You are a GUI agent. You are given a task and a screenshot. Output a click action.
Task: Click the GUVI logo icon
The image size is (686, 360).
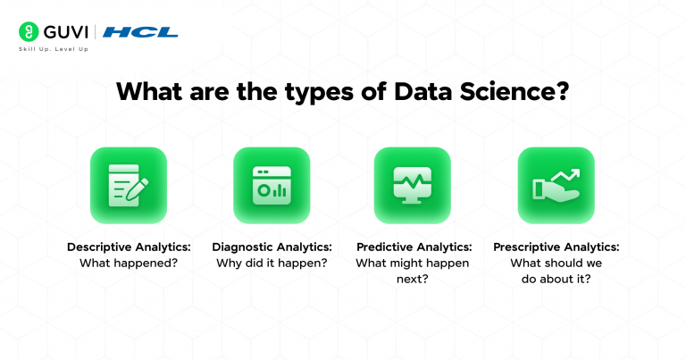27,32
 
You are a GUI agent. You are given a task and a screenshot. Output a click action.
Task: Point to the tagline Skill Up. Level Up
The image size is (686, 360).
53,48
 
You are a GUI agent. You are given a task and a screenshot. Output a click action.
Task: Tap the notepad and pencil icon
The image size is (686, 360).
129,185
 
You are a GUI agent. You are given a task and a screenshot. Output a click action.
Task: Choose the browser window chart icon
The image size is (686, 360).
272,185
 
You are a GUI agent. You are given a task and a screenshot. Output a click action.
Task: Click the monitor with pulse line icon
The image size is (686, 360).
413,185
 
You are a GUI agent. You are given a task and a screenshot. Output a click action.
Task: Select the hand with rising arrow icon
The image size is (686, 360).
556,185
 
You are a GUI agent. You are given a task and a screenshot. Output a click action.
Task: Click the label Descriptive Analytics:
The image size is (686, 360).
129,247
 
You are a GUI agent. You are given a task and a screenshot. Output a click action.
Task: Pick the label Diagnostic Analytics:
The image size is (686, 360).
272,247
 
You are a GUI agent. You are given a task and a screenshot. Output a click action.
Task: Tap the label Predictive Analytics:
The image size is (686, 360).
413,247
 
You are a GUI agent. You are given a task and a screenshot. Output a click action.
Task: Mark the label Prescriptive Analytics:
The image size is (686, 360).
556,247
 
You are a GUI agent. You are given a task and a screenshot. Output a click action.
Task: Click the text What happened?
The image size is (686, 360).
129,263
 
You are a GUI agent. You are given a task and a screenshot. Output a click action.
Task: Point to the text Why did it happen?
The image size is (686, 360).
272,263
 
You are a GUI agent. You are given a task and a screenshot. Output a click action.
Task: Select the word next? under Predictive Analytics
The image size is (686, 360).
413,279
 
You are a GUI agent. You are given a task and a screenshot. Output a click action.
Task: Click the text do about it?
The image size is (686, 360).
556,279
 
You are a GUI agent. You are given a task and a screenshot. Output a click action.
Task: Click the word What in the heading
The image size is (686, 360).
154,92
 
